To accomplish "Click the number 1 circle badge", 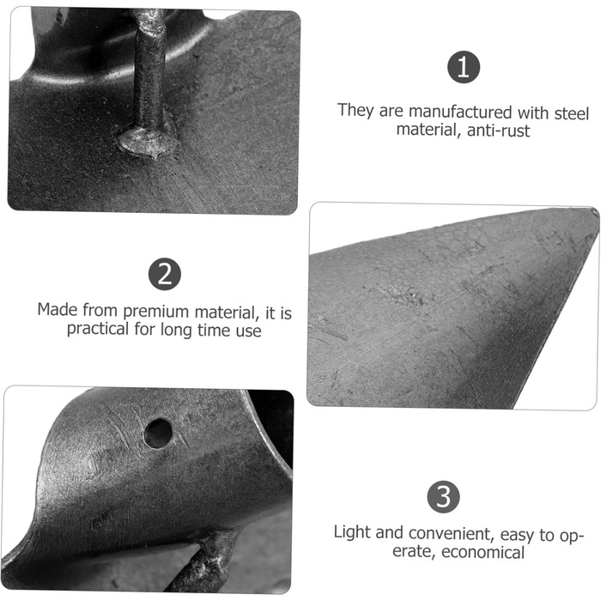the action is coord(464,67).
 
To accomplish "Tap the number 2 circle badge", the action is coord(165,274).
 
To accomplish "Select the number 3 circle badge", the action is coord(444,497).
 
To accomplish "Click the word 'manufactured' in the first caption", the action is coord(460,112).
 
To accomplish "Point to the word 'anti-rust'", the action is coord(498,131).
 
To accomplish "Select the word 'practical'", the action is coord(98,329).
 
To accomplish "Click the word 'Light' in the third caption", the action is coord(351,532).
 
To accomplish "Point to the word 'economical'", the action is coord(483,552).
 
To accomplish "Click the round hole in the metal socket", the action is coord(158,433).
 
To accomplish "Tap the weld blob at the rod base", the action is coord(148,141).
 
